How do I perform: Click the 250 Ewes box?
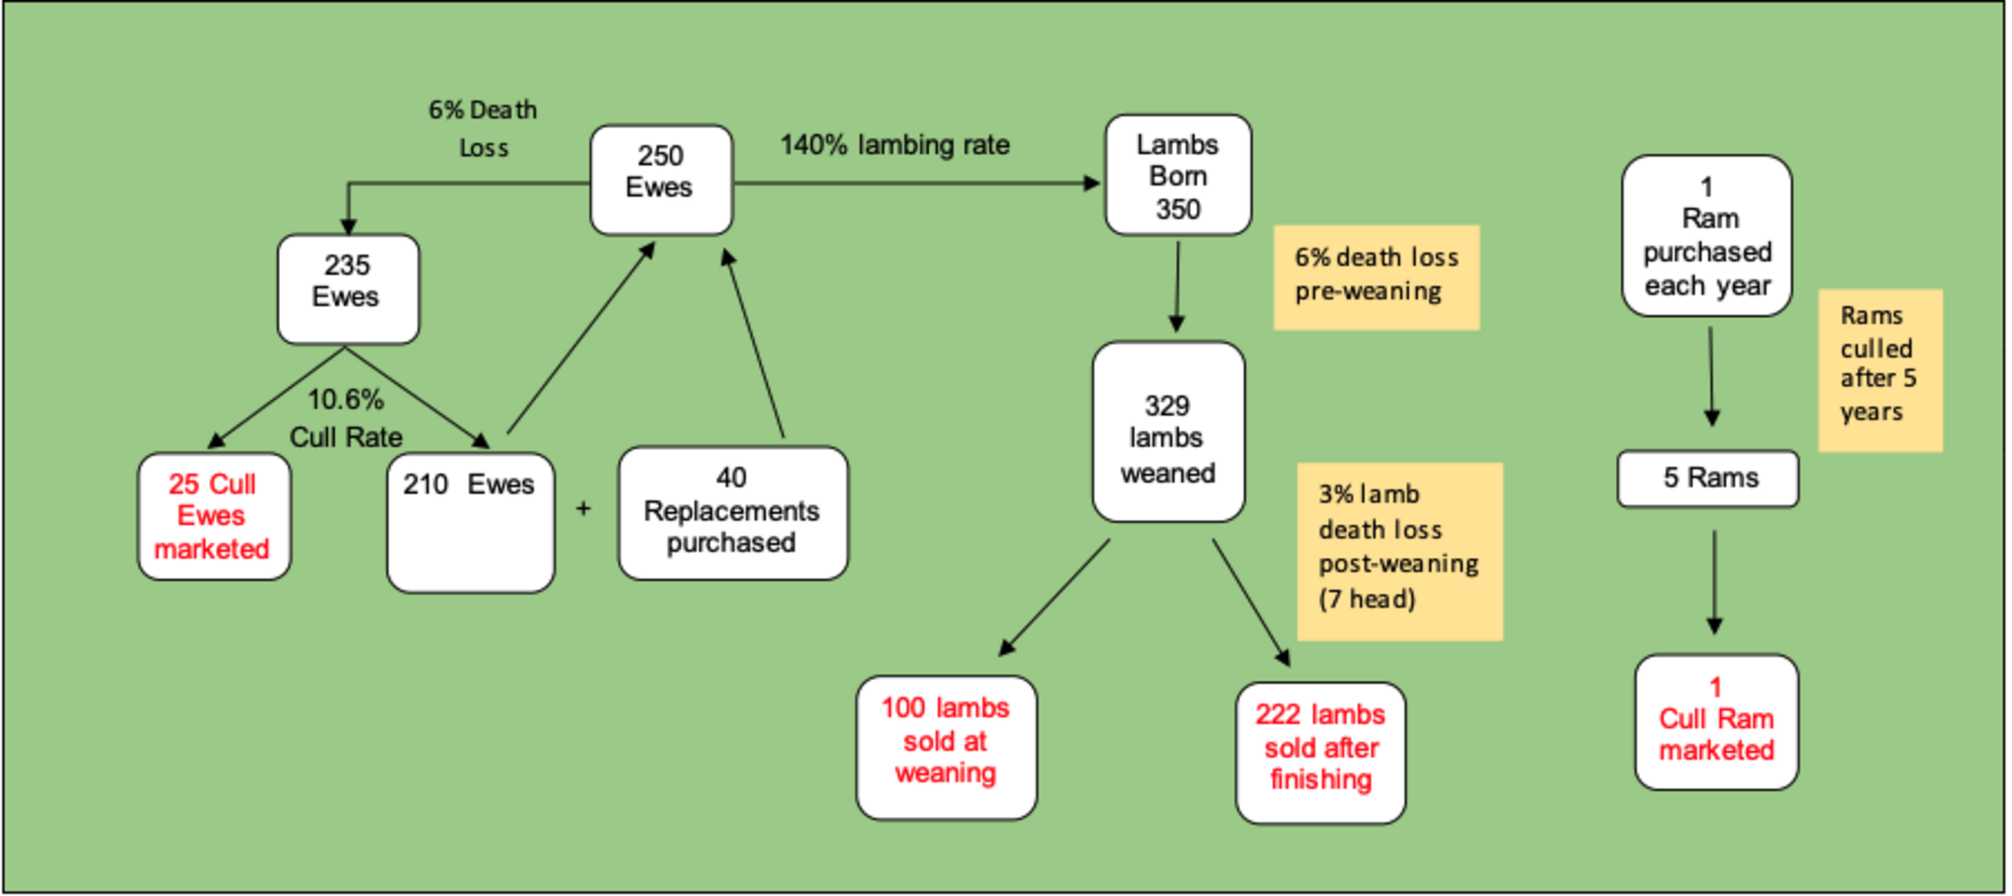pos(661,180)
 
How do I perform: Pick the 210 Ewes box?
pos(470,521)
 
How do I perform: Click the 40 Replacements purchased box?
pos(732,512)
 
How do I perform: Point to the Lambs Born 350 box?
pos(1177,175)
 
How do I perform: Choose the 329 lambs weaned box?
pos(1167,431)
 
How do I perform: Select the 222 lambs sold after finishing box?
pos(1320,752)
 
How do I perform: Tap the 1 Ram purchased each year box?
pos(1707,236)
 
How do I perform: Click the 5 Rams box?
pos(1707,478)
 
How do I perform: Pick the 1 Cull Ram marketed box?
pos(1716,722)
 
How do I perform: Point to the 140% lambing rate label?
pos(894,145)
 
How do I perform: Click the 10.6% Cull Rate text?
pos(346,418)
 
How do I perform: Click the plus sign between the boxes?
pos(583,509)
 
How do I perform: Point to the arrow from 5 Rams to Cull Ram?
pos(1714,582)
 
